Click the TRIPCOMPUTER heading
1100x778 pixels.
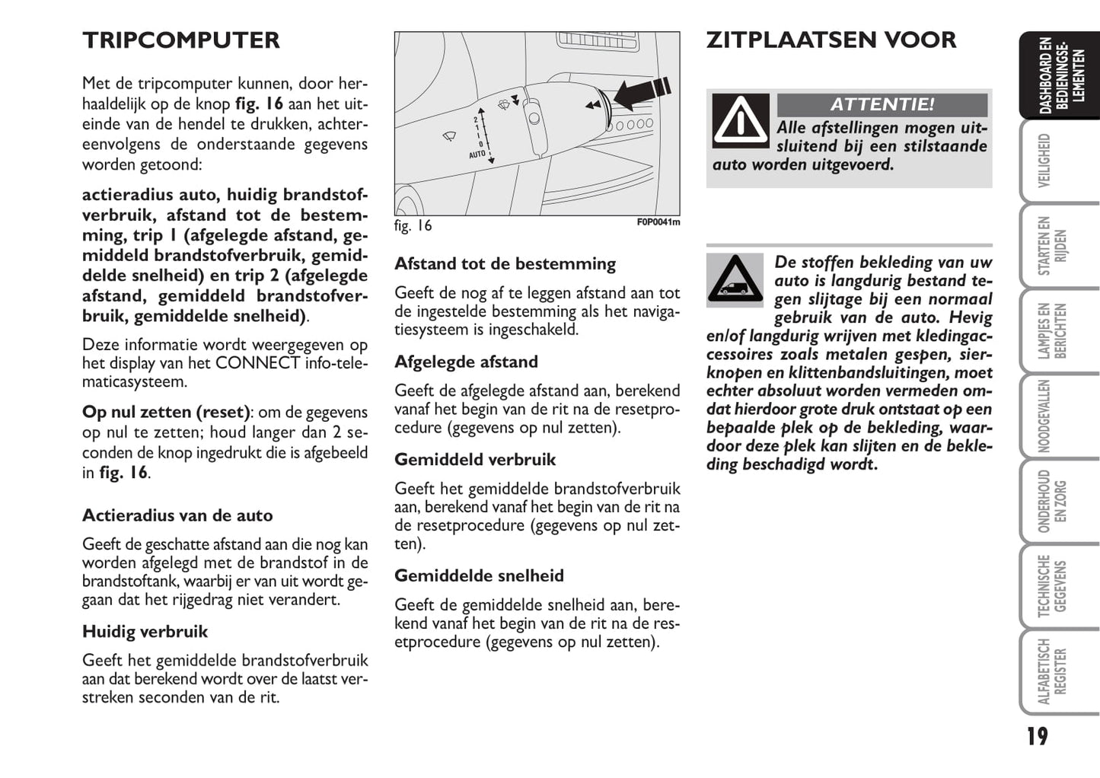click(181, 40)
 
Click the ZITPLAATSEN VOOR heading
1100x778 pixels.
click(831, 40)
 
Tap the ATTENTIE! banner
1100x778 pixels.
click(882, 104)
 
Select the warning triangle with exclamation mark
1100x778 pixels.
click(741, 121)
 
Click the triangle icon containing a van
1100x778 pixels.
click(735, 280)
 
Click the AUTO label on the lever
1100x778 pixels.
click(477, 155)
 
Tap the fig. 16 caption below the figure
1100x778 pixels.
click(413, 225)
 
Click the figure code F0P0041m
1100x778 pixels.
click(658, 222)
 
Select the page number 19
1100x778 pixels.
click(1036, 736)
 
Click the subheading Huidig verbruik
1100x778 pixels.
click(145, 631)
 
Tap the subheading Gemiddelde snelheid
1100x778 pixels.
click(479, 576)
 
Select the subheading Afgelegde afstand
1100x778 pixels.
click(466, 362)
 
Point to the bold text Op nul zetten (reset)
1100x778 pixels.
click(166, 412)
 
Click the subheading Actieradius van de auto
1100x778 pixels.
click(177, 515)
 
